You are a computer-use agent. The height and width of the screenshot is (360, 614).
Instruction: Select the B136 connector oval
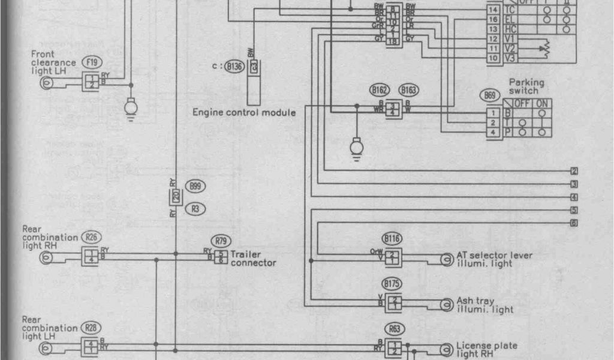coord(233,67)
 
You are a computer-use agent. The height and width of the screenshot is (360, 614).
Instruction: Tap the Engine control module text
coord(244,112)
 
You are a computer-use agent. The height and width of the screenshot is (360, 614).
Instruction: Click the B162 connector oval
coord(379,91)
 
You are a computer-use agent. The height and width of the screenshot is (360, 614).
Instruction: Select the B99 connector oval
coord(195,186)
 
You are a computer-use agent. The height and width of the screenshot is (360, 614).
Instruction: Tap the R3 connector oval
coord(195,209)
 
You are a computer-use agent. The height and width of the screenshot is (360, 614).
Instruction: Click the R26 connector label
coord(91,237)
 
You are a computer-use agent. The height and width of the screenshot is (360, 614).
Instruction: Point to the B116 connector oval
coord(393,238)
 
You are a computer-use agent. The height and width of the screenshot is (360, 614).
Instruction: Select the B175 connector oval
coord(393,283)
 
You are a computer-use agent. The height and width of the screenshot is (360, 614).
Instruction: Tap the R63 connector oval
coord(394,328)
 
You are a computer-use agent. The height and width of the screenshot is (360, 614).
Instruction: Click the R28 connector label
coord(91,328)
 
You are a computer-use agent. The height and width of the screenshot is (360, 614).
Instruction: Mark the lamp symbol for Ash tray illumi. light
coord(446,305)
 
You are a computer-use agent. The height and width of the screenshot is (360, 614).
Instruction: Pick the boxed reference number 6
coord(574,223)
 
